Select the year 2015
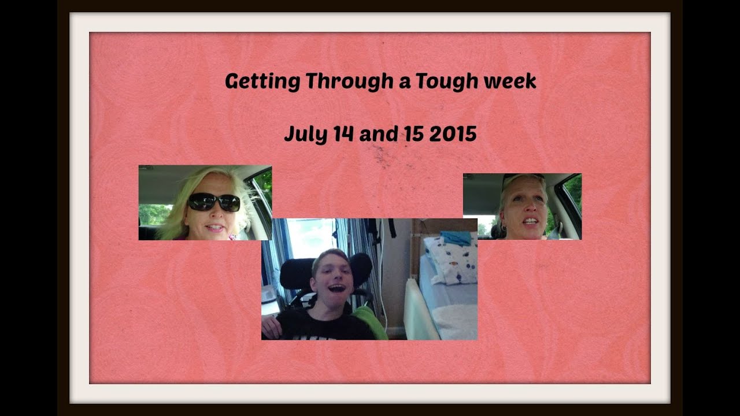[453, 135]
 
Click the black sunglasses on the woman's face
[214, 202]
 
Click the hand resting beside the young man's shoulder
[270, 326]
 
